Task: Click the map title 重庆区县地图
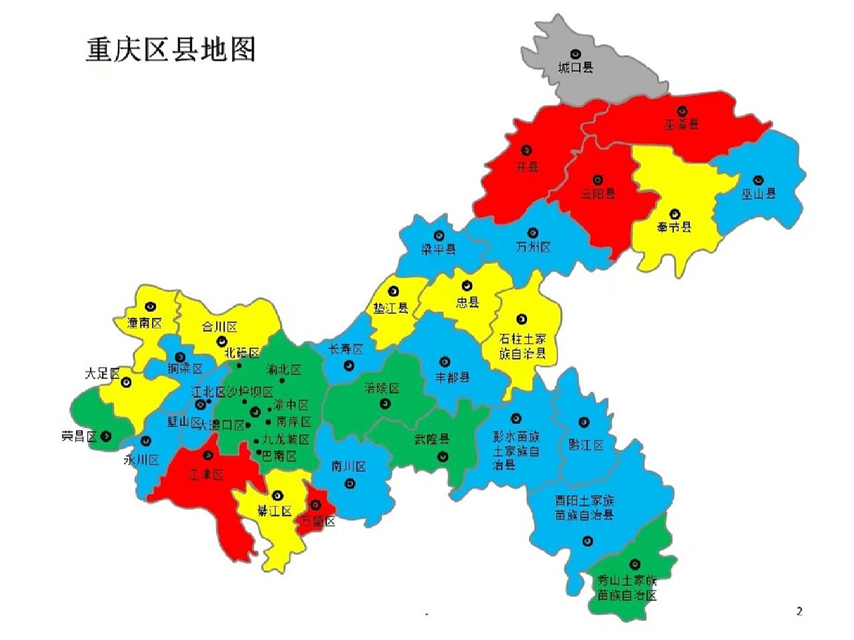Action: coord(170,49)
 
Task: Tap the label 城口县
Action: coord(575,67)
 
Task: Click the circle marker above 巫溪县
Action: coord(682,111)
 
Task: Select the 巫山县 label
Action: coord(758,193)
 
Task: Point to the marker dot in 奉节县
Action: coord(674,214)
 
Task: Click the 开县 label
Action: coord(527,166)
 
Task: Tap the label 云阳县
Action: coord(598,193)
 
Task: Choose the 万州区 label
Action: coord(533,247)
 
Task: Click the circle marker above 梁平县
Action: coord(439,235)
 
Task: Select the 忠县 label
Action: coord(467,302)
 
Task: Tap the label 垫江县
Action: coord(391,308)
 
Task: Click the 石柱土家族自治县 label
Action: coord(522,346)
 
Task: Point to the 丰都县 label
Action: coord(452,377)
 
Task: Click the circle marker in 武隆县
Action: coord(443,456)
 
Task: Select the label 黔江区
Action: coord(585,444)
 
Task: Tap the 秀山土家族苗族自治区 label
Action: coord(627,588)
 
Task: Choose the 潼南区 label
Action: coord(144,323)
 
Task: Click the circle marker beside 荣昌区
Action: coord(106,436)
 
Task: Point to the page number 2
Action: coord(799,611)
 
